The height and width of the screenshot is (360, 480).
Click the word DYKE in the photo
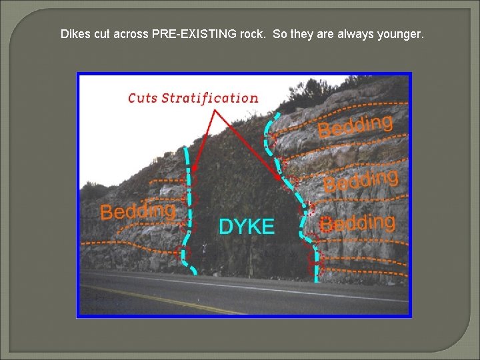pos(246,227)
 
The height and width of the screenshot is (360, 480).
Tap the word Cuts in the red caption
pos(143,98)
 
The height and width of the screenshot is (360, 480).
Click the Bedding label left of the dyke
pos(138,211)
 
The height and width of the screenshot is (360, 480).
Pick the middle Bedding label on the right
pos(361,180)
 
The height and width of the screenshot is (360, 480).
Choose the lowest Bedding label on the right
pos(357,223)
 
